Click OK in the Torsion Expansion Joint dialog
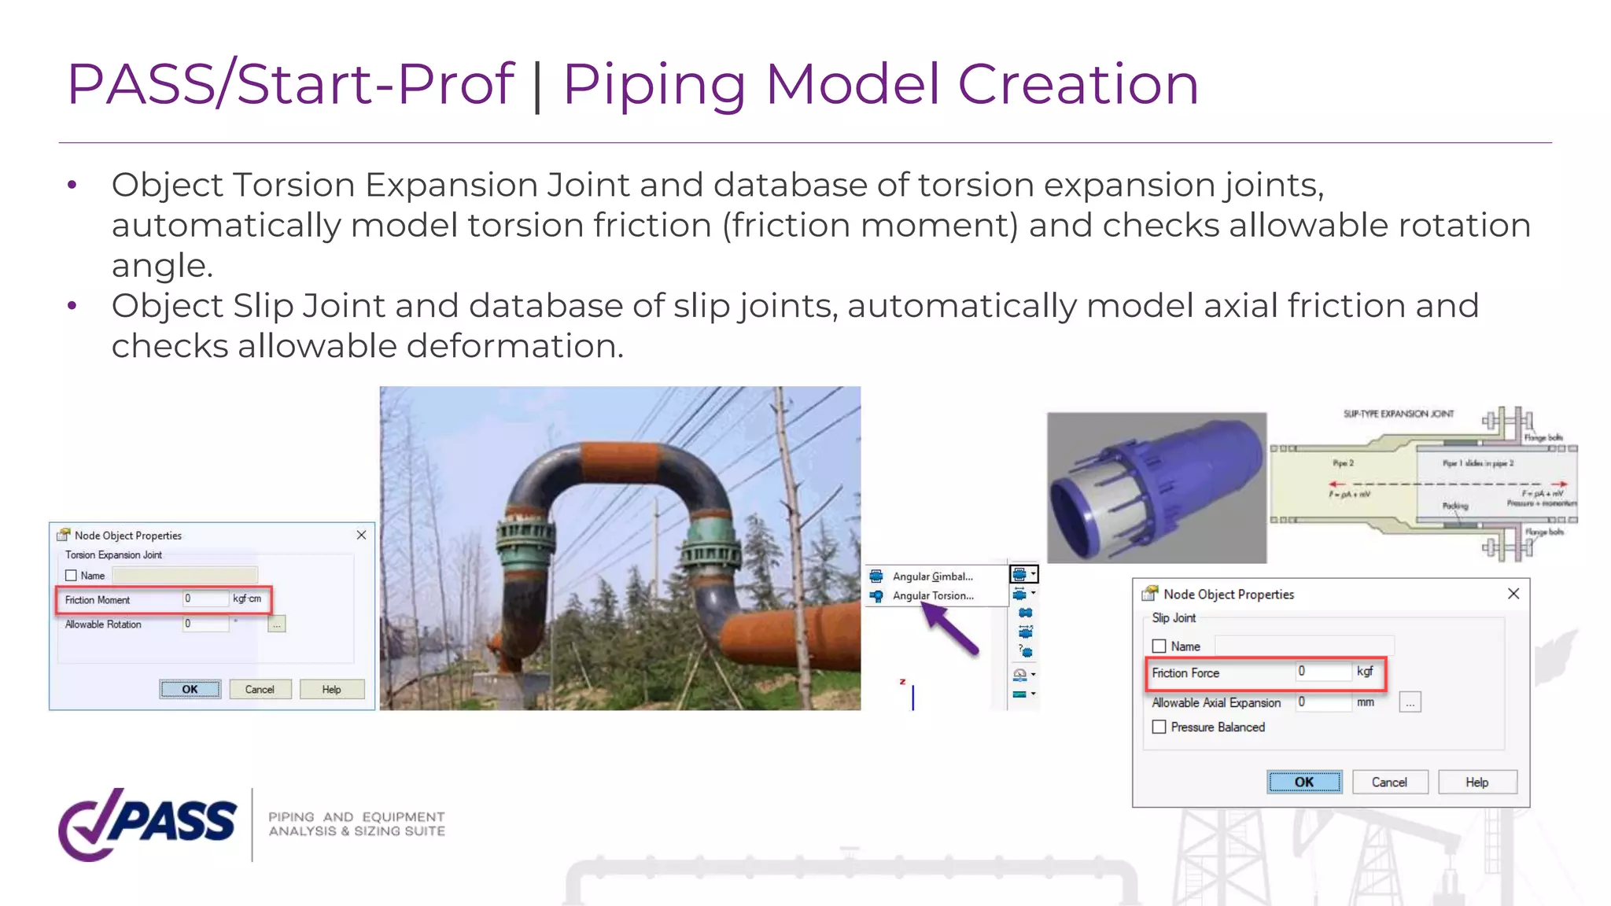point(190,690)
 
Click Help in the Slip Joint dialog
point(1476,783)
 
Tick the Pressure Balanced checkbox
point(1159,727)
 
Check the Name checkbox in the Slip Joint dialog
point(1159,646)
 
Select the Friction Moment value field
point(205,599)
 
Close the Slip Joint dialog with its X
point(1513,594)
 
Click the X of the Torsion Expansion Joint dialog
point(361,536)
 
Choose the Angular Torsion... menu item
point(933,596)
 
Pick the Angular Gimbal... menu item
point(932,576)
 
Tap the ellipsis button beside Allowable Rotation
point(277,624)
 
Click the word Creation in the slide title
point(1078,84)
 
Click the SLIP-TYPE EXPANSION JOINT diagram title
point(1398,414)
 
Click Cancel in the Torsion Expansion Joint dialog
point(260,690)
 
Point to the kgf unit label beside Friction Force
point(1365,672)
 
